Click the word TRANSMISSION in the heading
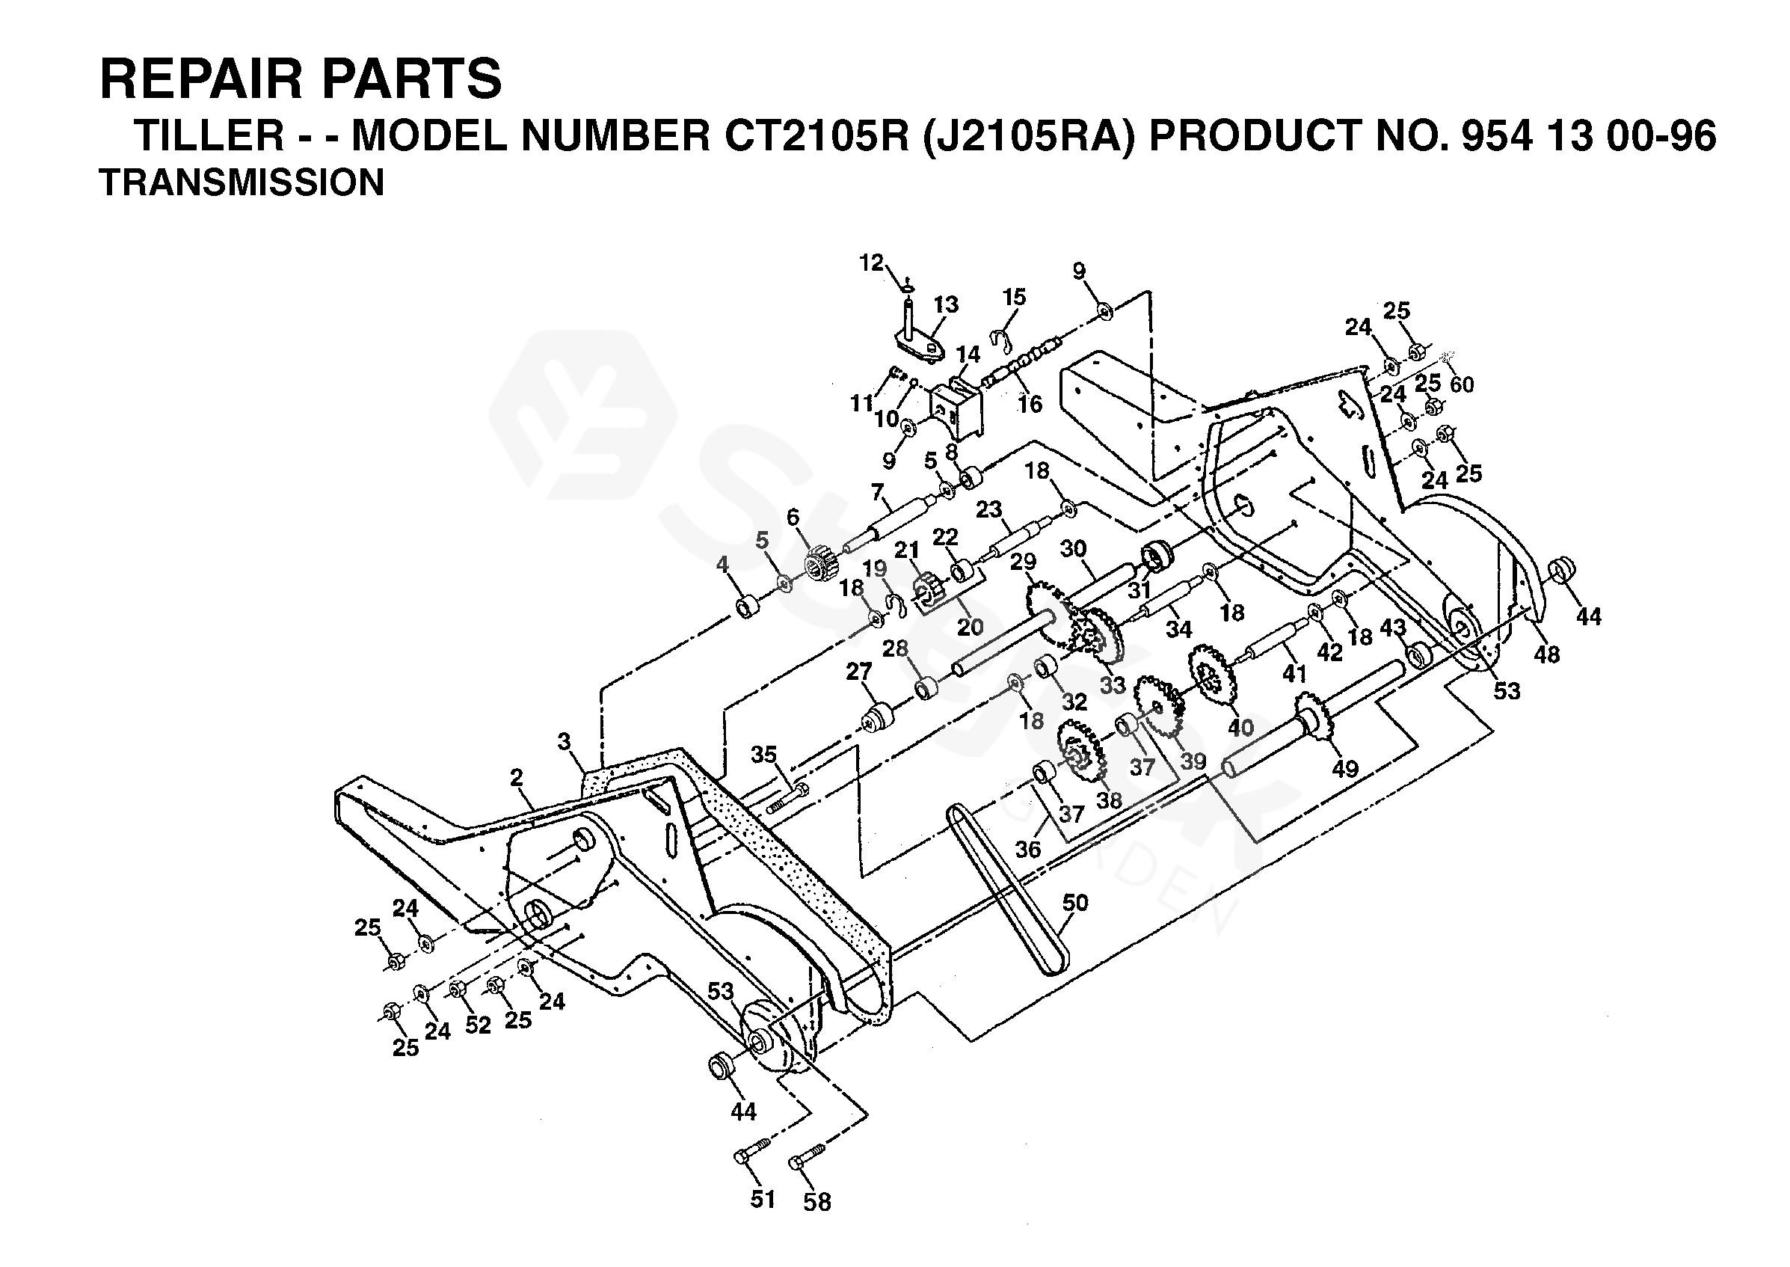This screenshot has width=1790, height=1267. pyautogui.click(x=242, y=182)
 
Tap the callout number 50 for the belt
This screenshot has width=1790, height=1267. pyautogui.click(x=1074, y=903)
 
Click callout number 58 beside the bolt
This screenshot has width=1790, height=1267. pyautogui.click(x=816, y=1202)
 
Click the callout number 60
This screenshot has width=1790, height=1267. pyautogui.click(x=1462, y=384)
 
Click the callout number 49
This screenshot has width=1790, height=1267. pyautogui.click(x=1344, y=768)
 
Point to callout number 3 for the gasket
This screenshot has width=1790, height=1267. pyautogui.click(x=564, y=741)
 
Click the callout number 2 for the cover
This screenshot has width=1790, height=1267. pyautogui.click(x=516, y=777)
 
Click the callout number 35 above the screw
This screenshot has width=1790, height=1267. pyautogui.click(x=763, y=754)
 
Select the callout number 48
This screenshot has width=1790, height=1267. pyautogui.click(x=1547, y=654)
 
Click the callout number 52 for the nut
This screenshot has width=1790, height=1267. pyautogui.click(x=478, y=1025)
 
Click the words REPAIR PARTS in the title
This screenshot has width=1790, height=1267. pyautogui.click(x=301, y=79)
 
